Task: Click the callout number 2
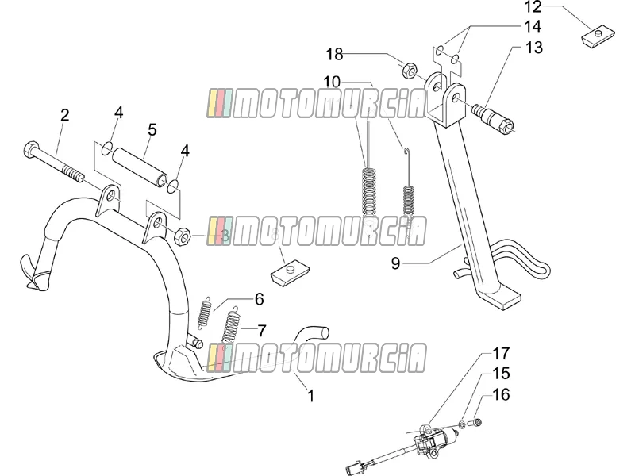[65, 115]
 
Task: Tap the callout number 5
[152, 130]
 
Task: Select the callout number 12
[533, 7]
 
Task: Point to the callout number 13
[533, 48]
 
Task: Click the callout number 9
[395, 263]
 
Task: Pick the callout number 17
[501, 354]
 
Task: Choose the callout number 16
[501, 394]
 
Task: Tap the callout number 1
[310, 396]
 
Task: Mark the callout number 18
[335, 54]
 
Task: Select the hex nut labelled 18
[410, 70]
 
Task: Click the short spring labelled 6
[205, 311]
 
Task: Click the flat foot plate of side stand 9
[502, 299]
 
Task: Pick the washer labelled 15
[462, 424]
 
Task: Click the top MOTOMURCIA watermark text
[317, 104]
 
